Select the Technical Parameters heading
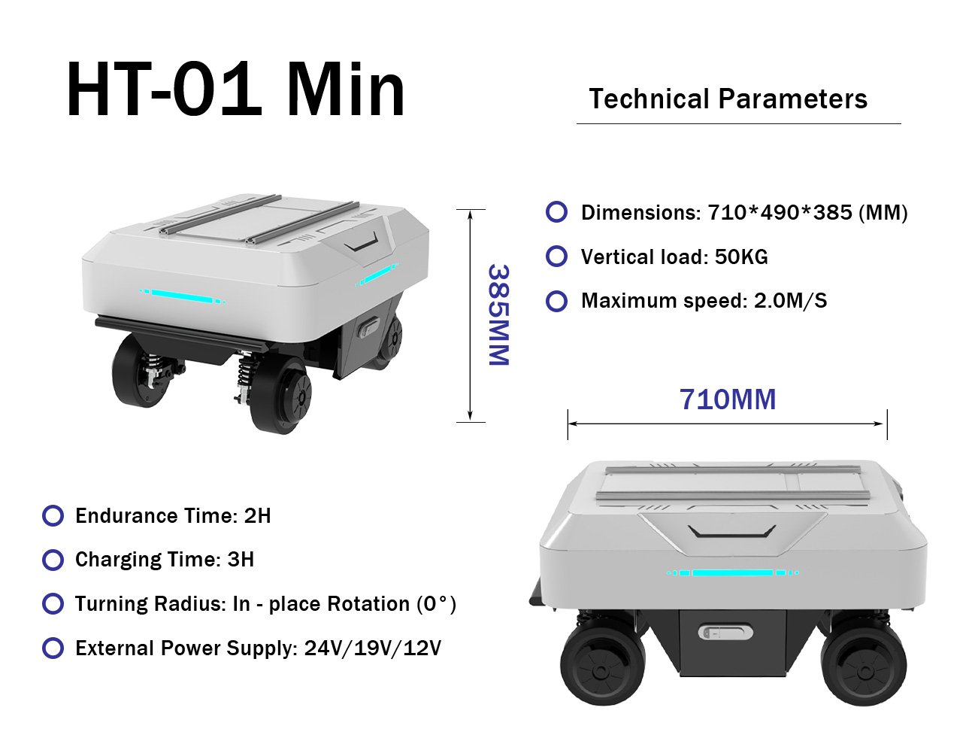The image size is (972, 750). [728, 99]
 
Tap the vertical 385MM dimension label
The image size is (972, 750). [498, 315]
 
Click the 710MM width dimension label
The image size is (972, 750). [728, 399]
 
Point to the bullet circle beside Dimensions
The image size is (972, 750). [556, 211]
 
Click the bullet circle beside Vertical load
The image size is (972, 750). [556, 257]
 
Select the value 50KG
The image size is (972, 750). [741, 257]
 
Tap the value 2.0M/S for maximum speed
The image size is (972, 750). [790, 301]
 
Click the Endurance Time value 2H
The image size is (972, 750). [257, 515]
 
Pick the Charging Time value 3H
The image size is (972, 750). [241, 560]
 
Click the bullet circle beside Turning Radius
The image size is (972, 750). [53, 603]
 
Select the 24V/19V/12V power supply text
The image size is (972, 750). [373, 648]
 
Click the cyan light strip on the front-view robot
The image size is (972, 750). [732, 572]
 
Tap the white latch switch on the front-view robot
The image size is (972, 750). [725, 633]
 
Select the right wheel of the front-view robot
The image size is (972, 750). [864, 669]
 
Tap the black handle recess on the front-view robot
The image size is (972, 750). [731, 532]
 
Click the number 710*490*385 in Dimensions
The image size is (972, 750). [780, 212]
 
